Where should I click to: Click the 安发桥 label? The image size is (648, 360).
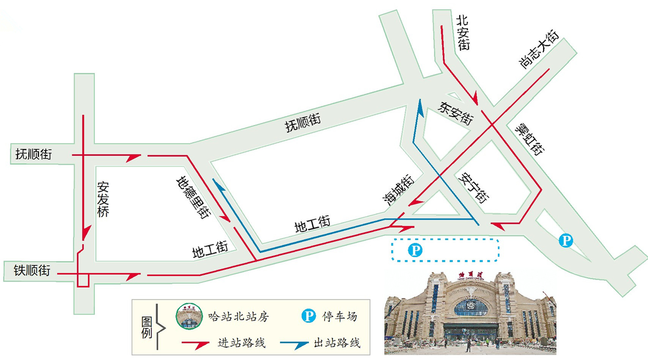(x=103, y=199)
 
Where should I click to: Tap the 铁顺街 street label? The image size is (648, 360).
(x=32, y=270)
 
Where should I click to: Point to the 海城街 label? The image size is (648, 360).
(x=398, y=190)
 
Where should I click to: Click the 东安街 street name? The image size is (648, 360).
(x=456, y=113)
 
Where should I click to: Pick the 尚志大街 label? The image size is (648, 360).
(x=539, y=50)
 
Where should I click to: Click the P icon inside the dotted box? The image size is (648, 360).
(x=415, y=250)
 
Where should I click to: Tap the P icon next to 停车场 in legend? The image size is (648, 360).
(x=309, y=316)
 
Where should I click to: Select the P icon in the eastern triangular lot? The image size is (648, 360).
(x=566, y=240)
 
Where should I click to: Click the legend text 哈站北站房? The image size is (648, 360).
(x=238, y=316)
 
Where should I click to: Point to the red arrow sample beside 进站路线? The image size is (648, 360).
(x=196, y=344)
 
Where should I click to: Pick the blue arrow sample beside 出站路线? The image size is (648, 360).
(x=294, y=344)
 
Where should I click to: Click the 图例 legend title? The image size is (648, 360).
(x=147, y=327)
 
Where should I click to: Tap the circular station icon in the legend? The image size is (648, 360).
(x=189, y=316)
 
